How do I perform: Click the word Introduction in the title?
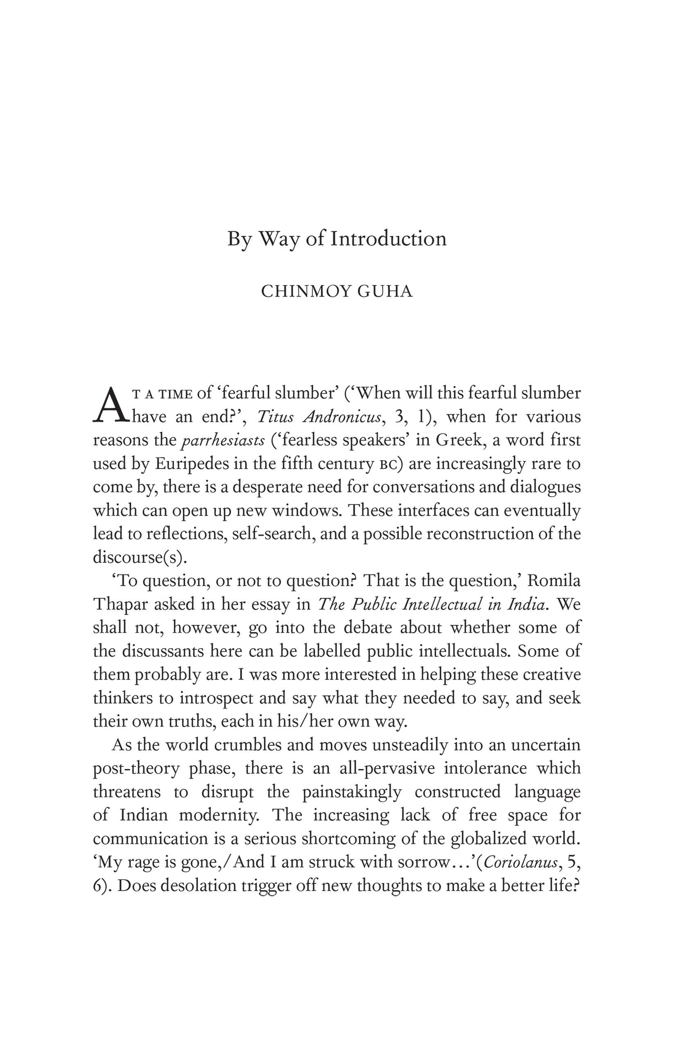(388, 239)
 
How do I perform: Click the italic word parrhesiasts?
(223, 440)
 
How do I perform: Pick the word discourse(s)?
(140, 557)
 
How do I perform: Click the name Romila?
(553, 581)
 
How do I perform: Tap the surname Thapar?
(119, 604)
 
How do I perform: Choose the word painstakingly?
(352, 792)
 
